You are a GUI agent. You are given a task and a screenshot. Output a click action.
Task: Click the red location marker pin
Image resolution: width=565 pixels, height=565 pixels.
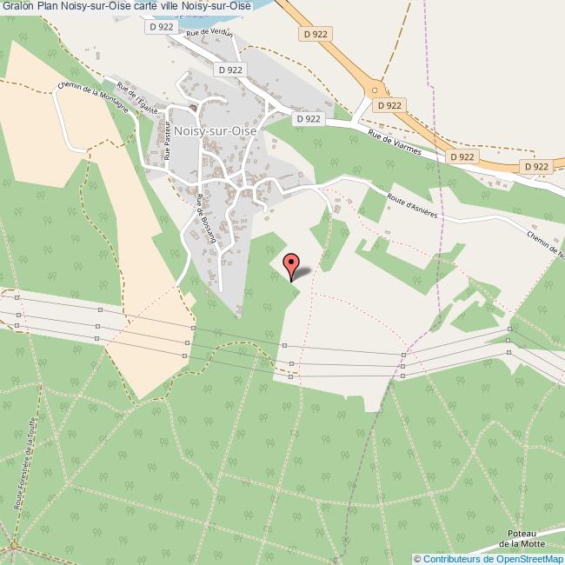[292, 265]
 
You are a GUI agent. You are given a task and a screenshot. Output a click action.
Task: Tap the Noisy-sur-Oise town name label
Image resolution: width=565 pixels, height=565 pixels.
[213, 129]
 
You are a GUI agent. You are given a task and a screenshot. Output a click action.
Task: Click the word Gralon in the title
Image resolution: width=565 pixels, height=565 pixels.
[17, 6]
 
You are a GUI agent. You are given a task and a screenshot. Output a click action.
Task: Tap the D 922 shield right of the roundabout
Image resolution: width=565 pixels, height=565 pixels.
[391, 104]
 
